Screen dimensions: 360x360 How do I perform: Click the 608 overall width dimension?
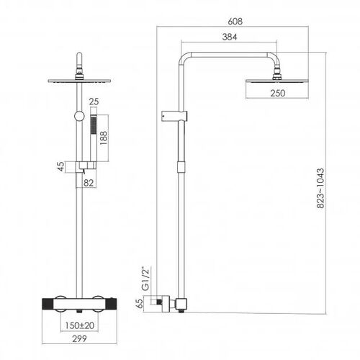click(235, 22)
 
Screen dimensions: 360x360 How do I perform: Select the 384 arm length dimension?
click(230, 37)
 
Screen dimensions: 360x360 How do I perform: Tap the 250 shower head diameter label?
click(278, 93)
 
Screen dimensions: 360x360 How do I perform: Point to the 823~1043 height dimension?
click(320, 188)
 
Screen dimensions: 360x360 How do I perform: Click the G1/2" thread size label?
click(145, 279)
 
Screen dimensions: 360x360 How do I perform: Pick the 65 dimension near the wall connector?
click(140, 303)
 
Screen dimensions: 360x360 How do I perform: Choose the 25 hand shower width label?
click(94, 102)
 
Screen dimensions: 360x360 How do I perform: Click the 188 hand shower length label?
click(104, 138)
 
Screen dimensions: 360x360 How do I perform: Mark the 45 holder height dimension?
click(61, 166)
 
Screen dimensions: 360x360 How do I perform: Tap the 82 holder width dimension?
click(89, 183)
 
